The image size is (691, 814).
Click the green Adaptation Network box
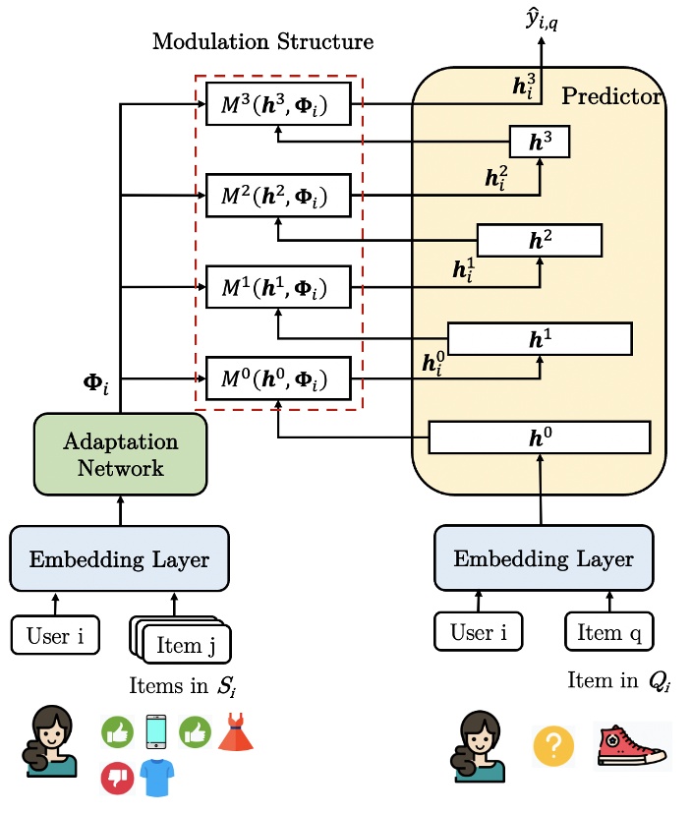(121, 453)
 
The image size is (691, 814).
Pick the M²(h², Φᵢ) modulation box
(278, 197)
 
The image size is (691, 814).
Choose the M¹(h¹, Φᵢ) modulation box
(278, 288)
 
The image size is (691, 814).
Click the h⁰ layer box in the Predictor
(540, 436)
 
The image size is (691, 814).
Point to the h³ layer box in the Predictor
(539, 144)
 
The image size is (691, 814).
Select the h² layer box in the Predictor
(539, 240)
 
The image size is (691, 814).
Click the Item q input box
(609, 632)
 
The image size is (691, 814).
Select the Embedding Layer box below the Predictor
(544, 559)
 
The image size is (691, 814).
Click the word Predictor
(612, 97)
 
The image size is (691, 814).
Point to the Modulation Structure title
(263, 42)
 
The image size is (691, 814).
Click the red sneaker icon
(632, 745)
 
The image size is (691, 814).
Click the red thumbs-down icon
(117, 779)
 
